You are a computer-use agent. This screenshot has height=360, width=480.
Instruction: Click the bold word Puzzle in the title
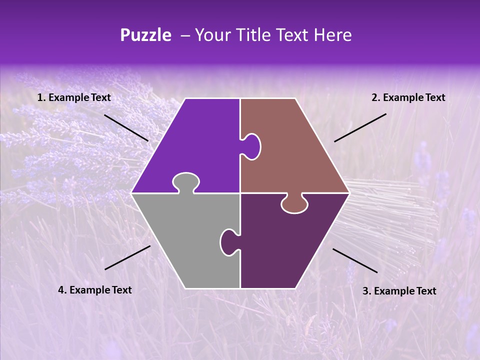pyautogui.click(x=145, y=35)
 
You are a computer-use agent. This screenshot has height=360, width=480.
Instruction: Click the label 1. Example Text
pyautogui.click(x=74, y=98)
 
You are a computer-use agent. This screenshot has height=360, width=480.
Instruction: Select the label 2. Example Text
pyautogui.click(x=408, y=98)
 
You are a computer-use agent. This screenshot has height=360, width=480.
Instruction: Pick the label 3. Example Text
pyautogui.click(x=399, y=291)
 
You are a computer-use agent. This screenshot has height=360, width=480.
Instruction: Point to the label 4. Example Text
pyautogui.click(x=95, y=290)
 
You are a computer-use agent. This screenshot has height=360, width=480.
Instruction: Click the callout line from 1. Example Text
pyautogui.click(x=126, y=127)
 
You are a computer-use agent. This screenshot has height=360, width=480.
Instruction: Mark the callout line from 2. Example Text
pyautogui.click(x=360, y=127)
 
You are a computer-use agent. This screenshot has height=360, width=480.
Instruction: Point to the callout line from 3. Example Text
pyautogui.click(x=355, y=260)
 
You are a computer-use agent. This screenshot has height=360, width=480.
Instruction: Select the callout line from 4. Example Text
pyautogui.click(x=127, y=257)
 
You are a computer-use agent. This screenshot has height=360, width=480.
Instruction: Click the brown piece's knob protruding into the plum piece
pyautogui.click(x=294, y=204)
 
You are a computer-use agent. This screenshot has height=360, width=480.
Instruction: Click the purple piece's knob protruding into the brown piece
pyautogui.click(x=251, y=146)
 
